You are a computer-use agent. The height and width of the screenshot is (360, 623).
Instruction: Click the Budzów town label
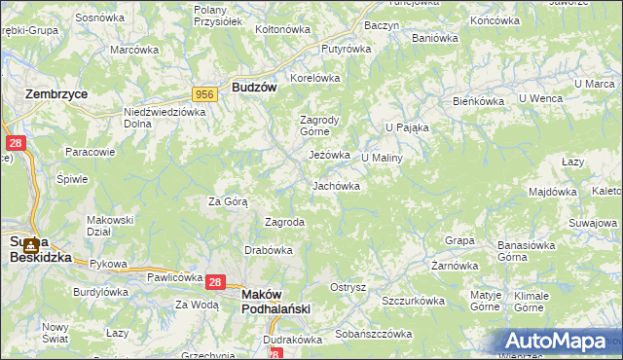[255, 87]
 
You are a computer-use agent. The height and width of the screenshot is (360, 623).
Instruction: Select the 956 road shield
[204, 93]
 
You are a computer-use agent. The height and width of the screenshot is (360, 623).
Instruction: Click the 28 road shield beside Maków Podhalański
[216, 282]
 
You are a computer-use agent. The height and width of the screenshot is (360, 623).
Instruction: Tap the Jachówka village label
[337, 185]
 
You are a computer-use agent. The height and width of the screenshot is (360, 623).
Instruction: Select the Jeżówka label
[329, 155]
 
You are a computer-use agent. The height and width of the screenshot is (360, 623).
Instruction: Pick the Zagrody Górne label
[319, 126]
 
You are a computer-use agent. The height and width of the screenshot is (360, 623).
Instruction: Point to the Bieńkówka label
[477, 101]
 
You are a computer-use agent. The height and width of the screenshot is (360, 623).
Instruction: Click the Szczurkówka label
[413, 302]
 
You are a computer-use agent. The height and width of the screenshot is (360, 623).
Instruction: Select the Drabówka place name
[270, 249]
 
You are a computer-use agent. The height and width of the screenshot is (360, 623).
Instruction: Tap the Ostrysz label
[348, 287]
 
